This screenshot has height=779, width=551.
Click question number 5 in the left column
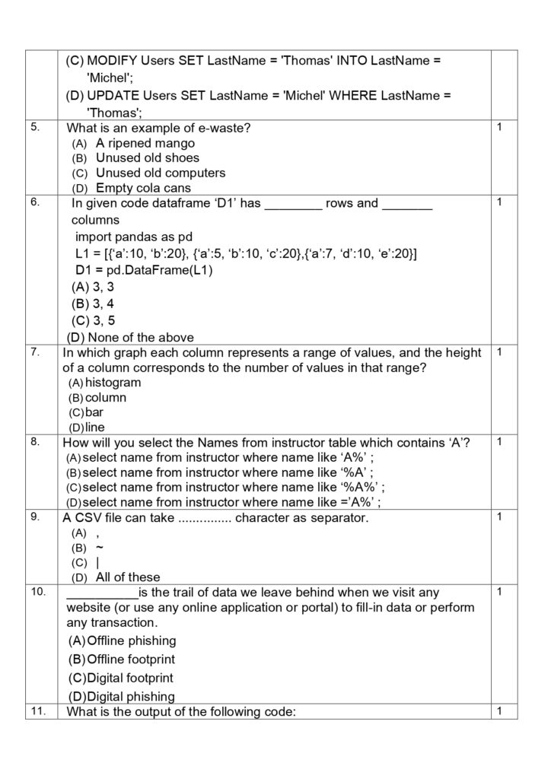point(35,127)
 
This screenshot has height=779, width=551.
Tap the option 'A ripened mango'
point(145,143)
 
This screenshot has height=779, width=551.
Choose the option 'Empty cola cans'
point(143,188)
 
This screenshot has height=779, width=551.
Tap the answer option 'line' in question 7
point(95,427)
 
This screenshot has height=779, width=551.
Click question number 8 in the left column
point(35,441)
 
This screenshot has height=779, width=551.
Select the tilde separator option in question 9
point(100,548)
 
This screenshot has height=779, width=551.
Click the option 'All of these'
point(128,577)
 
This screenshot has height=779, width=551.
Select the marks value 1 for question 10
point(499,591)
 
